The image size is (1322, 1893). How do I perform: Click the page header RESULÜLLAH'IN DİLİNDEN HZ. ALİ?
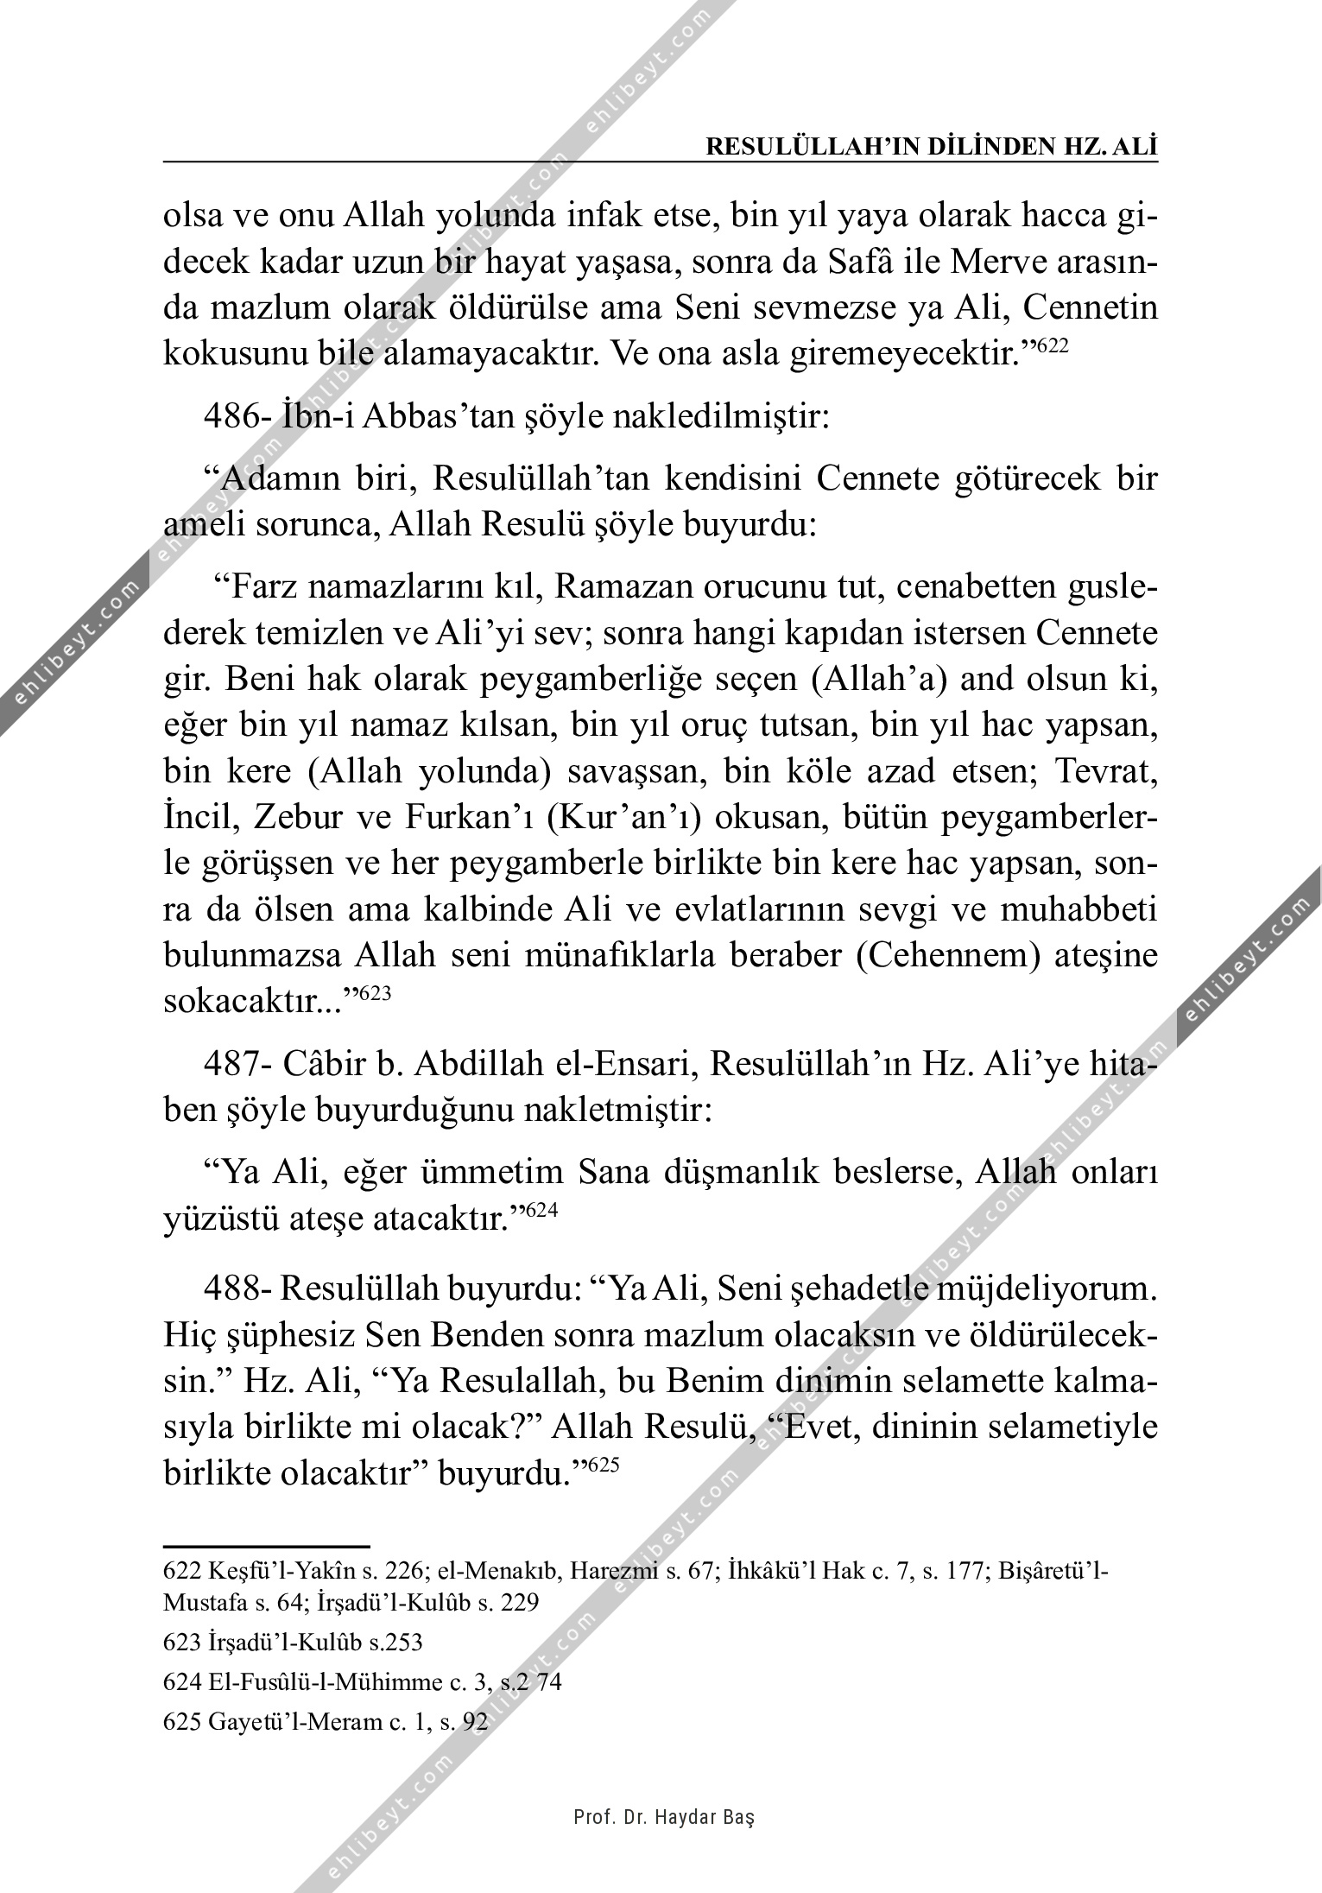point(932,147)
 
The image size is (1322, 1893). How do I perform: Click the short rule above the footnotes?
point(266,1546)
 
